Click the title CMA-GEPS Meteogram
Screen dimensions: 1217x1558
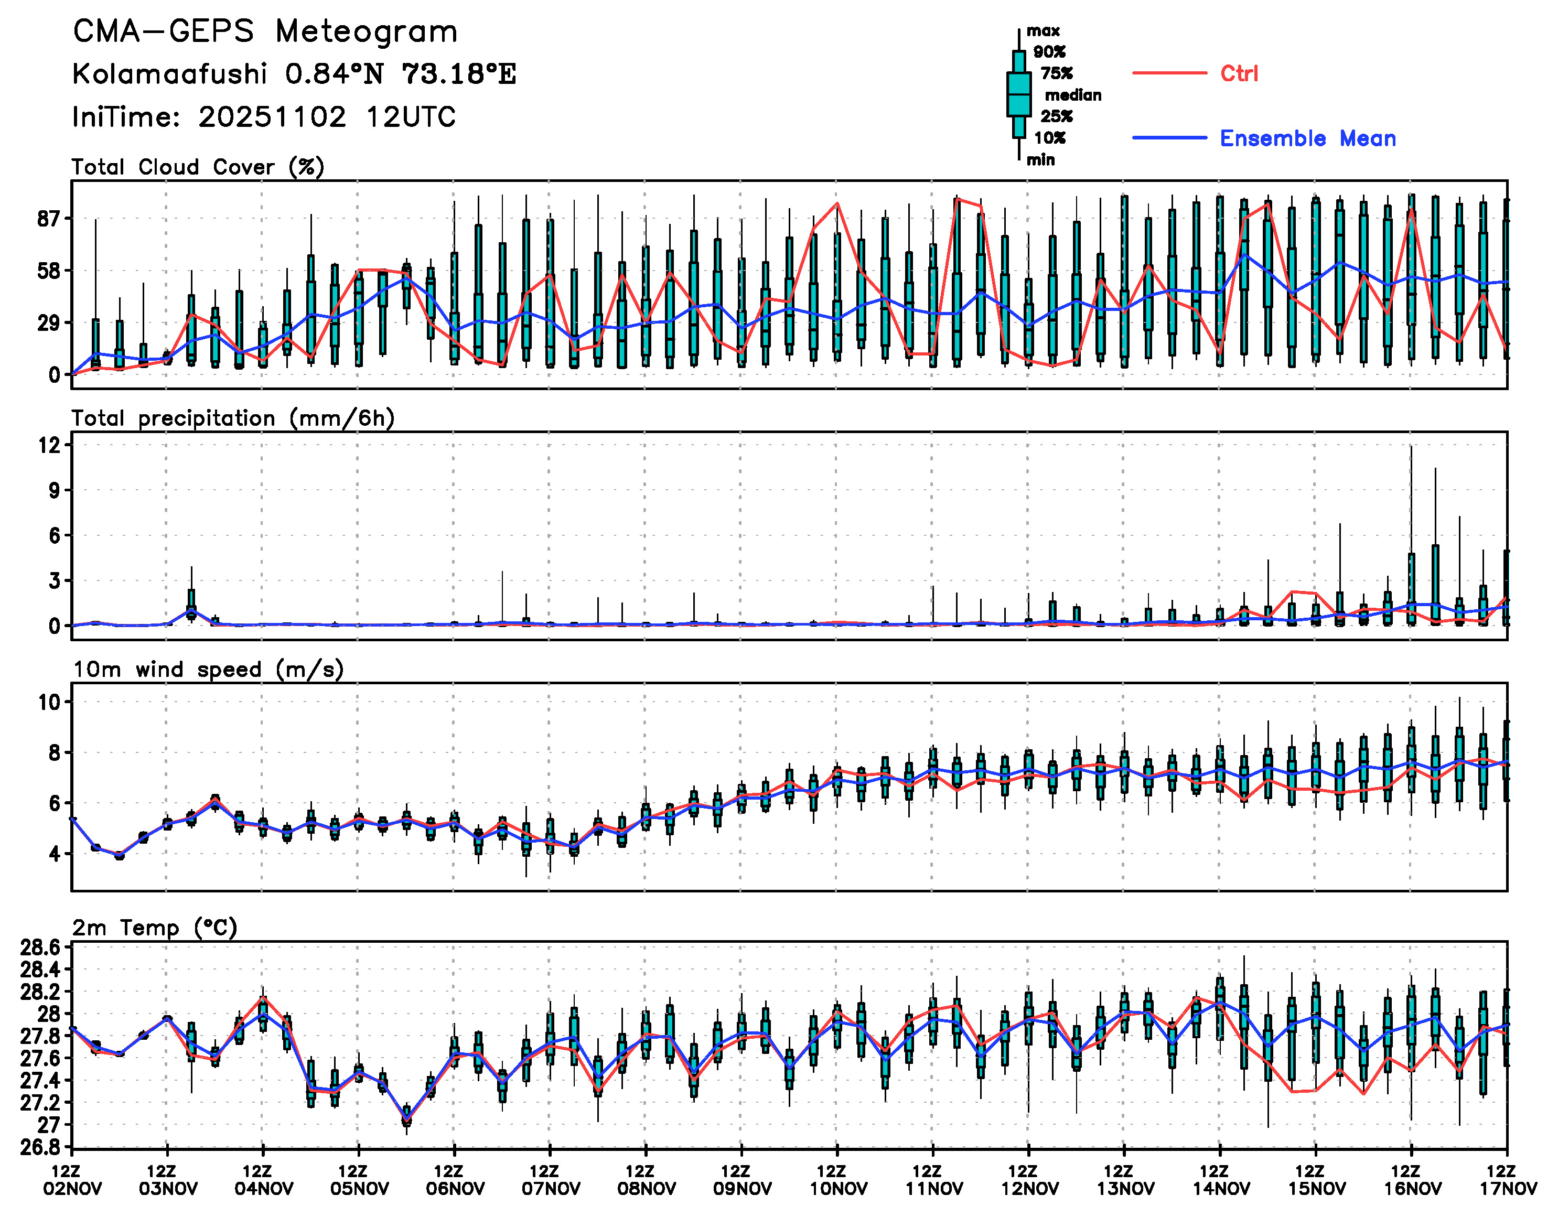265,32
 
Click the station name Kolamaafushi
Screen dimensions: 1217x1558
170,74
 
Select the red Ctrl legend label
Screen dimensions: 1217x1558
1239,73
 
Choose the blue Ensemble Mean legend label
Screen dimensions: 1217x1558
1308,138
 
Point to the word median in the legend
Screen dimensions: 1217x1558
1073,95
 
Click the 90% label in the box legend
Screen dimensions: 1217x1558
1049,52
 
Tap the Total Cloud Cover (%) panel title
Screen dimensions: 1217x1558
198,167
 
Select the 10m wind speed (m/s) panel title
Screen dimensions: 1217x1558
208,669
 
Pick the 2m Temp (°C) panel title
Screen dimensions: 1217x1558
155,928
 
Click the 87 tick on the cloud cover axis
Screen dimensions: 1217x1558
50,219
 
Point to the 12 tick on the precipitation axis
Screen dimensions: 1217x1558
50,445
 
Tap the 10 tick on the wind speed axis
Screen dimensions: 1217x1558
50,702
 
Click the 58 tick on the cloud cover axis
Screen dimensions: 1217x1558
50,271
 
